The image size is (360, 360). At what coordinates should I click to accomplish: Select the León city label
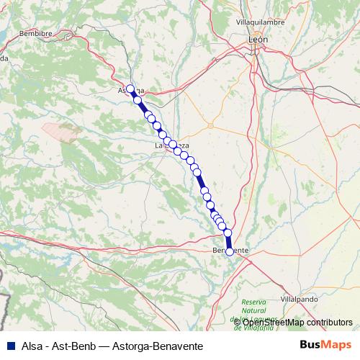tap(257, 40)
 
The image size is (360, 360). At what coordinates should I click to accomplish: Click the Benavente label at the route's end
tap(232, 250)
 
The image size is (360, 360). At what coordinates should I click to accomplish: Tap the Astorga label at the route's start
tap(132, 91)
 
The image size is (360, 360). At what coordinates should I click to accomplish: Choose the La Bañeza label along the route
tap(172, 145)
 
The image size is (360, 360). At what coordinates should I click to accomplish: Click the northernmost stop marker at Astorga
tap(130, 89)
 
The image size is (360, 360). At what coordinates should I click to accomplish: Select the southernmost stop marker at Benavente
tap(230, 251)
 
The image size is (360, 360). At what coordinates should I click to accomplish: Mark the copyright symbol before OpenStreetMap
tap(237, 322)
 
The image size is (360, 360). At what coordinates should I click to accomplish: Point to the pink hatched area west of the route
tap(62, 130)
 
